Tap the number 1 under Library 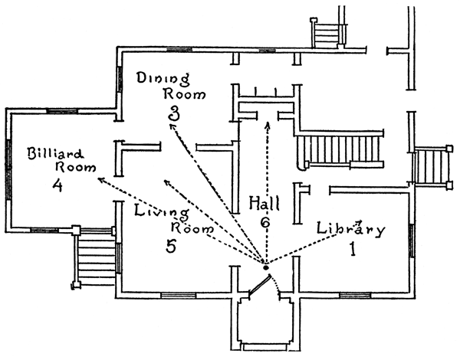click(x=354, y=250)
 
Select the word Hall click(x=264, y=203)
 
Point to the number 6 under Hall click(x=265, y=222)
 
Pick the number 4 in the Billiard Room click(x=58, y=185)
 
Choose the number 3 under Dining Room click(x=176, y=113)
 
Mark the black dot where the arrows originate click(x=265, y=265)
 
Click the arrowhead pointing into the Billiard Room click(x=100, y=179)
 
